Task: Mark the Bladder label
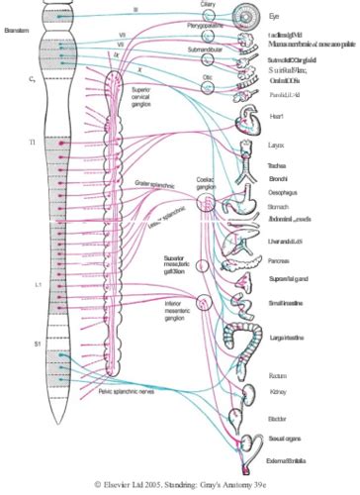[277, 417]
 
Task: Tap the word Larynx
[278, 145]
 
